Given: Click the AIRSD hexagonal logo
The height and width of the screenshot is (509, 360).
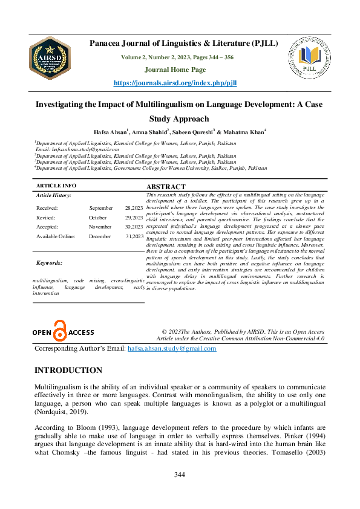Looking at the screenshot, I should tap(50, 59).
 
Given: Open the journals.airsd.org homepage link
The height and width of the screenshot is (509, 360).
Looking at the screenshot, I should tap(183, 82).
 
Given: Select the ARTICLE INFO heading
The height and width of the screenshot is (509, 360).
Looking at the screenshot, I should tap(56, 186).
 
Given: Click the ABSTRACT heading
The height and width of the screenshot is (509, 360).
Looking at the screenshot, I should tap(166, 187).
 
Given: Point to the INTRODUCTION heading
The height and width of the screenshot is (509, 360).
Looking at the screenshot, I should tap(68, 370).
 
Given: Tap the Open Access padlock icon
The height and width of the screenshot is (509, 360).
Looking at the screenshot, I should tap(59, 332).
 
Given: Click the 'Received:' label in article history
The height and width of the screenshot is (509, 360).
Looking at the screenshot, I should tap(47, 207).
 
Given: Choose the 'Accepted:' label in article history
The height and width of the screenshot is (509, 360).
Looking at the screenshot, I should tap(48, 227).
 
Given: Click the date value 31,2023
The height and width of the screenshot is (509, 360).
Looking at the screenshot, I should tap(134, 236).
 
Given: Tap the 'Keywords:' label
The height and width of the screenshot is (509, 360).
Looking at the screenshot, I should tap(49, 263).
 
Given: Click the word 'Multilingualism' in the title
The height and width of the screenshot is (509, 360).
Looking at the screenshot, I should tap(152, 104).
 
